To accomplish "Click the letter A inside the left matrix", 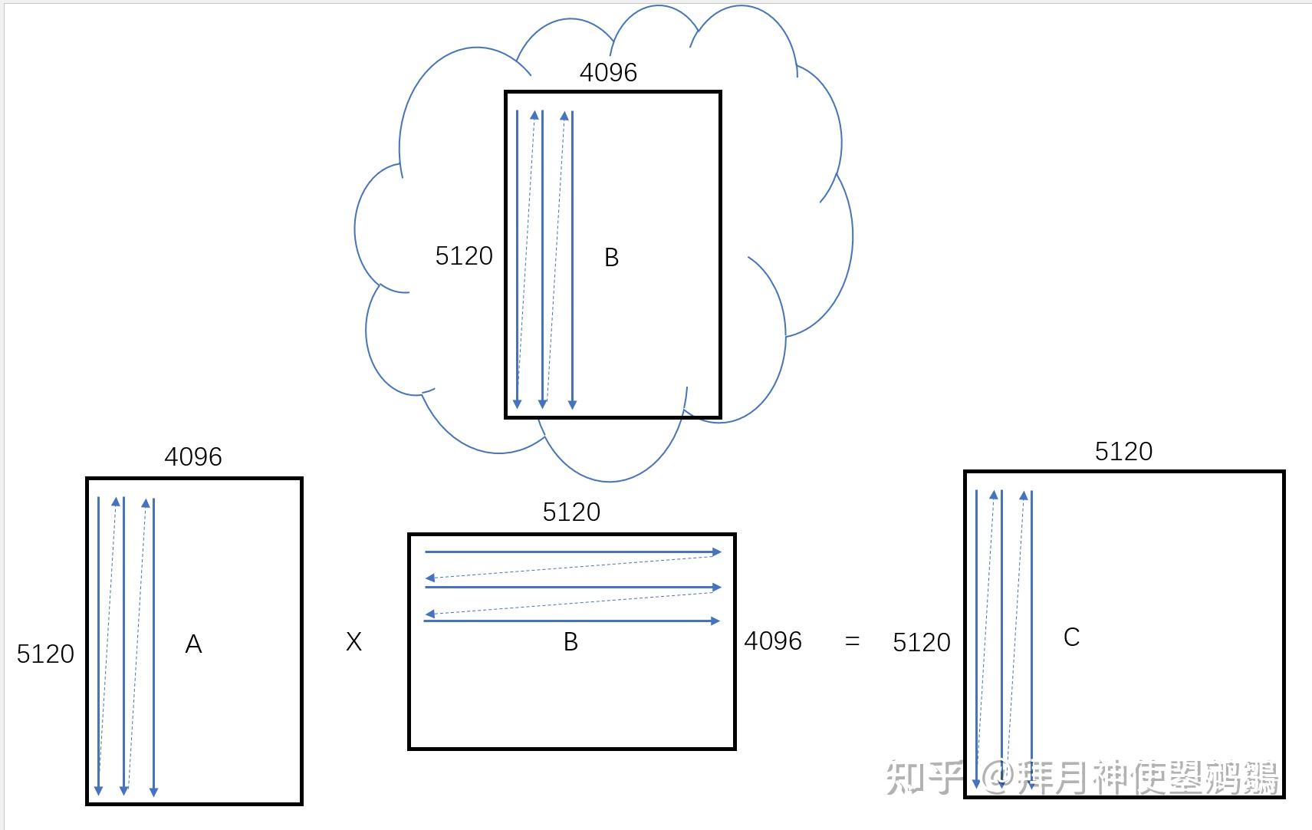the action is (x=194, y=644).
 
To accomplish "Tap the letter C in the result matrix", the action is (x=1071, y=637).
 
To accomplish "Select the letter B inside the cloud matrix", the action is (x=611, y=258).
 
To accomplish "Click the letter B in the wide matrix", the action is (x=571, y=642).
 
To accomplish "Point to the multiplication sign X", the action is (x=353, y=642).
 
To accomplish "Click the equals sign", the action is (x=852, y=641).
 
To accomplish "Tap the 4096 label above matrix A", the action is (x=193, y=457).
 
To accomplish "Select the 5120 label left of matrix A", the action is (x=46, y=654).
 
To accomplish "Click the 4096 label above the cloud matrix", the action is (x=609, y=73).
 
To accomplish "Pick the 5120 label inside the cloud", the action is (x=464, y=256).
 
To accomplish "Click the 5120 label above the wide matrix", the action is (x=572, y=512).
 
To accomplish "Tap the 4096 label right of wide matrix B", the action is (x=773, y=641).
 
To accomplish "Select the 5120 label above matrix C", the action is (x=1124, y=452).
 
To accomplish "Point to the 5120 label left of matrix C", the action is (x=922, y=643).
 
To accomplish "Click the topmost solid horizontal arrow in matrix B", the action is (x=573, y=552).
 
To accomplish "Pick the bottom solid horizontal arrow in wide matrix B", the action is (x=572, y=621).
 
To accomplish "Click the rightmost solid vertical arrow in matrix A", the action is (x=153, y=647).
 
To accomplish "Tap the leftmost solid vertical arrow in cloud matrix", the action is (x=517, y=259).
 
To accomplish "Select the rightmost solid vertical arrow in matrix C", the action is (x=1031, y=639).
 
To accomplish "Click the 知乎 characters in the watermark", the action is (x=924, y=777).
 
